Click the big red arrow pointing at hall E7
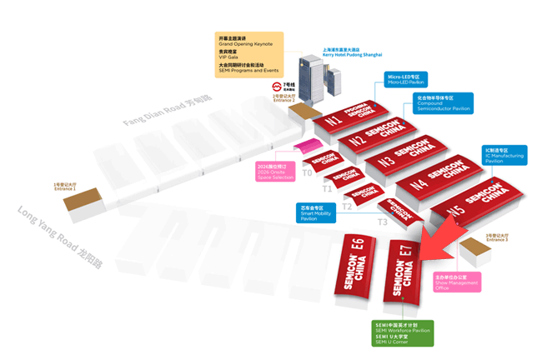click(x=433, y=249)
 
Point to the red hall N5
click(x=475, y=203)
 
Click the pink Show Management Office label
click(x=456, y=281)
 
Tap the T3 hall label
click(x=383, y=222)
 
